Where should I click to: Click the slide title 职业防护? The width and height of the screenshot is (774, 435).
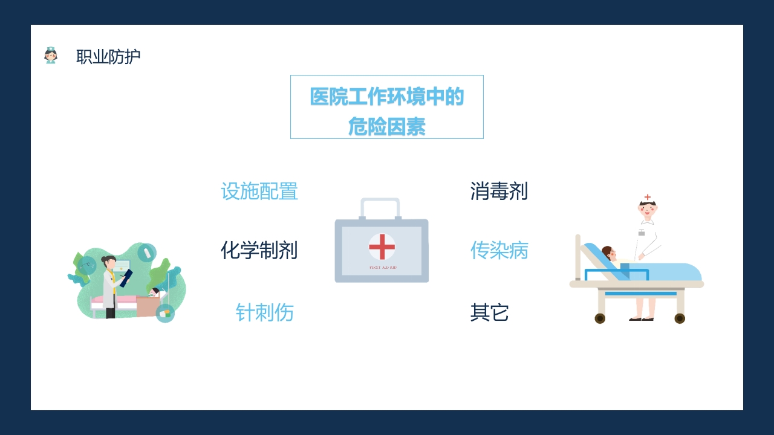pos(108,57)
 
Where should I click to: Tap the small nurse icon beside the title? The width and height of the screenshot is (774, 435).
pos(51,56)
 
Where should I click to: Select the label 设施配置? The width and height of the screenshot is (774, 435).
pos(259,192)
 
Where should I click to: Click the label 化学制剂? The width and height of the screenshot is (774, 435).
pos(259,250)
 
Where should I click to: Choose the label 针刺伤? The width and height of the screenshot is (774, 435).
pos(265,313)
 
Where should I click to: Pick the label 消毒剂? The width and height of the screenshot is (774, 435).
pos(499,192)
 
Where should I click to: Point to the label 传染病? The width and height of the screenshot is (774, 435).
pos(499,250)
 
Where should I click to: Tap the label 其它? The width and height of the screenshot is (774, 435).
pos(489,313)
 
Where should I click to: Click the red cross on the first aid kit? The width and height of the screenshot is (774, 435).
pos(382,246)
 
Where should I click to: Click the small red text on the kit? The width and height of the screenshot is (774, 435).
pos(382,267)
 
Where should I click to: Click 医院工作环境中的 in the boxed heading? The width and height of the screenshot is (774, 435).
pos(387,97)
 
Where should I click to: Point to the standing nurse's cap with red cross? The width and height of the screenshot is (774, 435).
pos(648,199)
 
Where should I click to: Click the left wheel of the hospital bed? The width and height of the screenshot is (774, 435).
pos(600,318)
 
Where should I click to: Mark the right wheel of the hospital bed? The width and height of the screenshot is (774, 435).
pos(680,318)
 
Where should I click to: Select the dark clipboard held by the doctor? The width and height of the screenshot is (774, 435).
pos(126,277)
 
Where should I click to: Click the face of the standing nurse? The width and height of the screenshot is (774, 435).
pos(648,211)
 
